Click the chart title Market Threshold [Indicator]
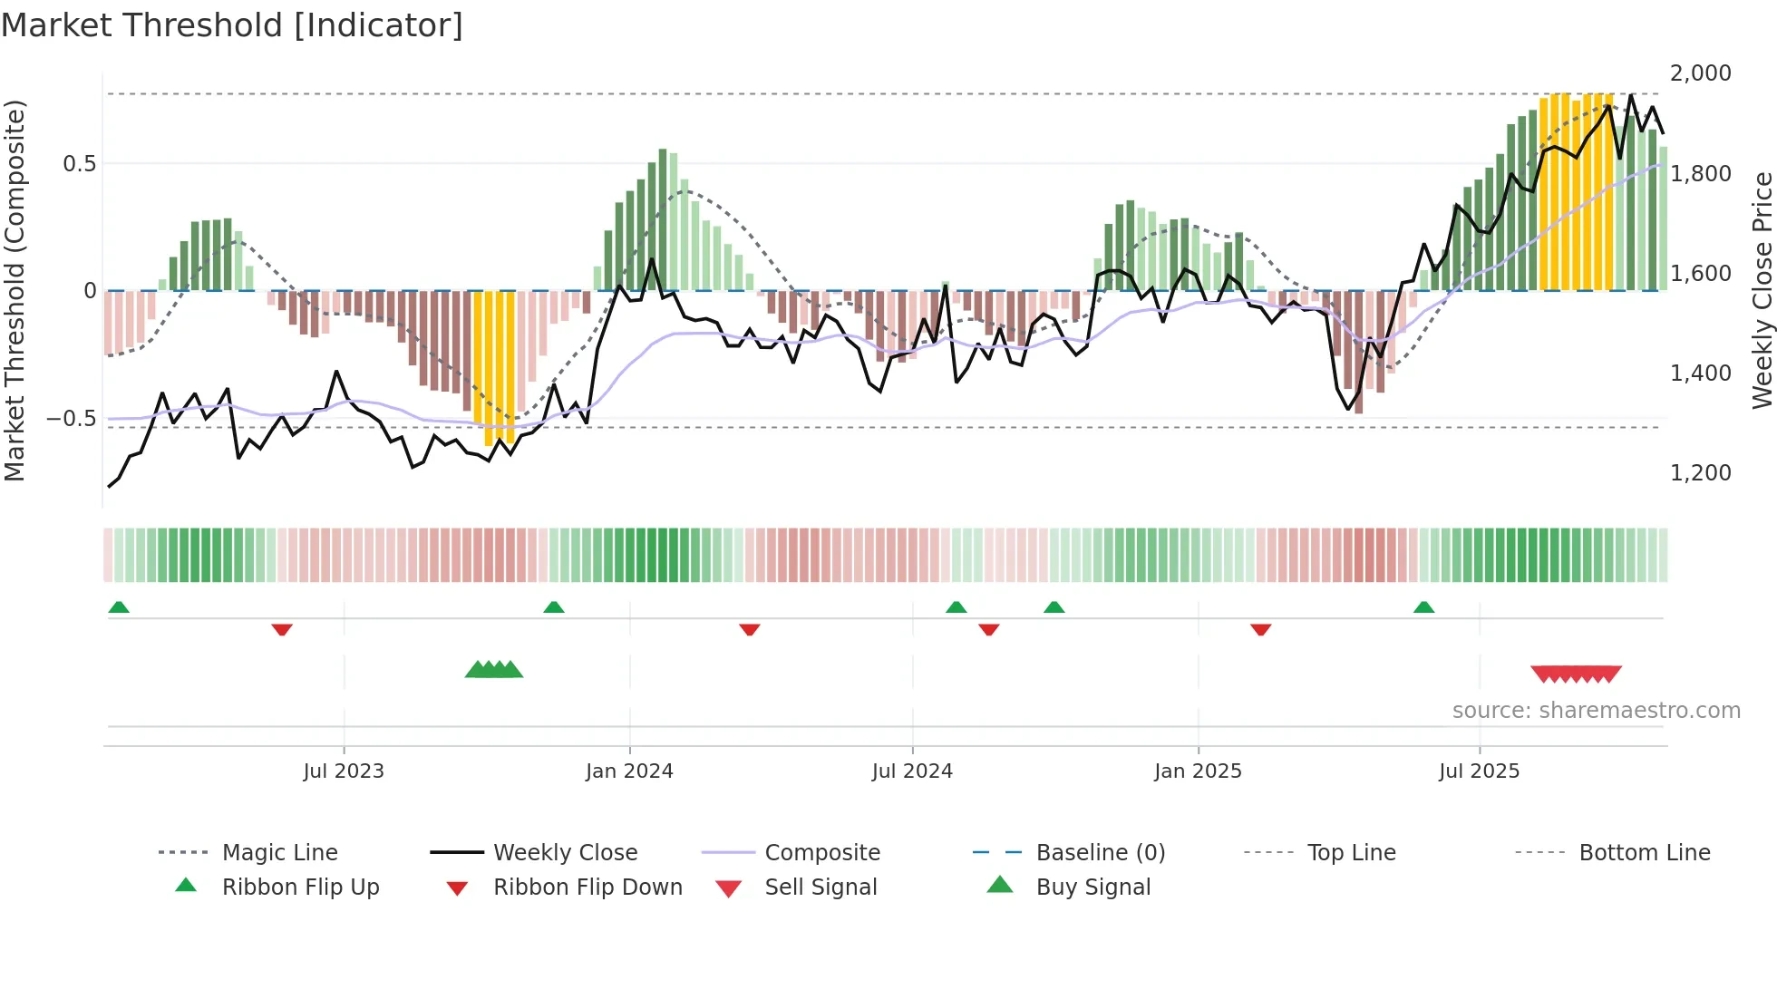point(232,25)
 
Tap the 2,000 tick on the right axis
point(1700,73)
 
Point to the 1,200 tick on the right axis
point(1700,472)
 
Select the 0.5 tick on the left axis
point(79,164)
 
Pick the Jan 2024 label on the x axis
point(629,771)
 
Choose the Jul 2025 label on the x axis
point(1479,771)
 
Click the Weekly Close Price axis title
point(1762,290)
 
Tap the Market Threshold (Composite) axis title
point(15,290)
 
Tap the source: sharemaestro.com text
point(1596,711)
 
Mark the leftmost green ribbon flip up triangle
point(119,607)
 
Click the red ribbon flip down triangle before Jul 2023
point(282,629)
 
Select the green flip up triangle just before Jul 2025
point(1423,607)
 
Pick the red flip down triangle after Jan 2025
point(1260,629)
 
